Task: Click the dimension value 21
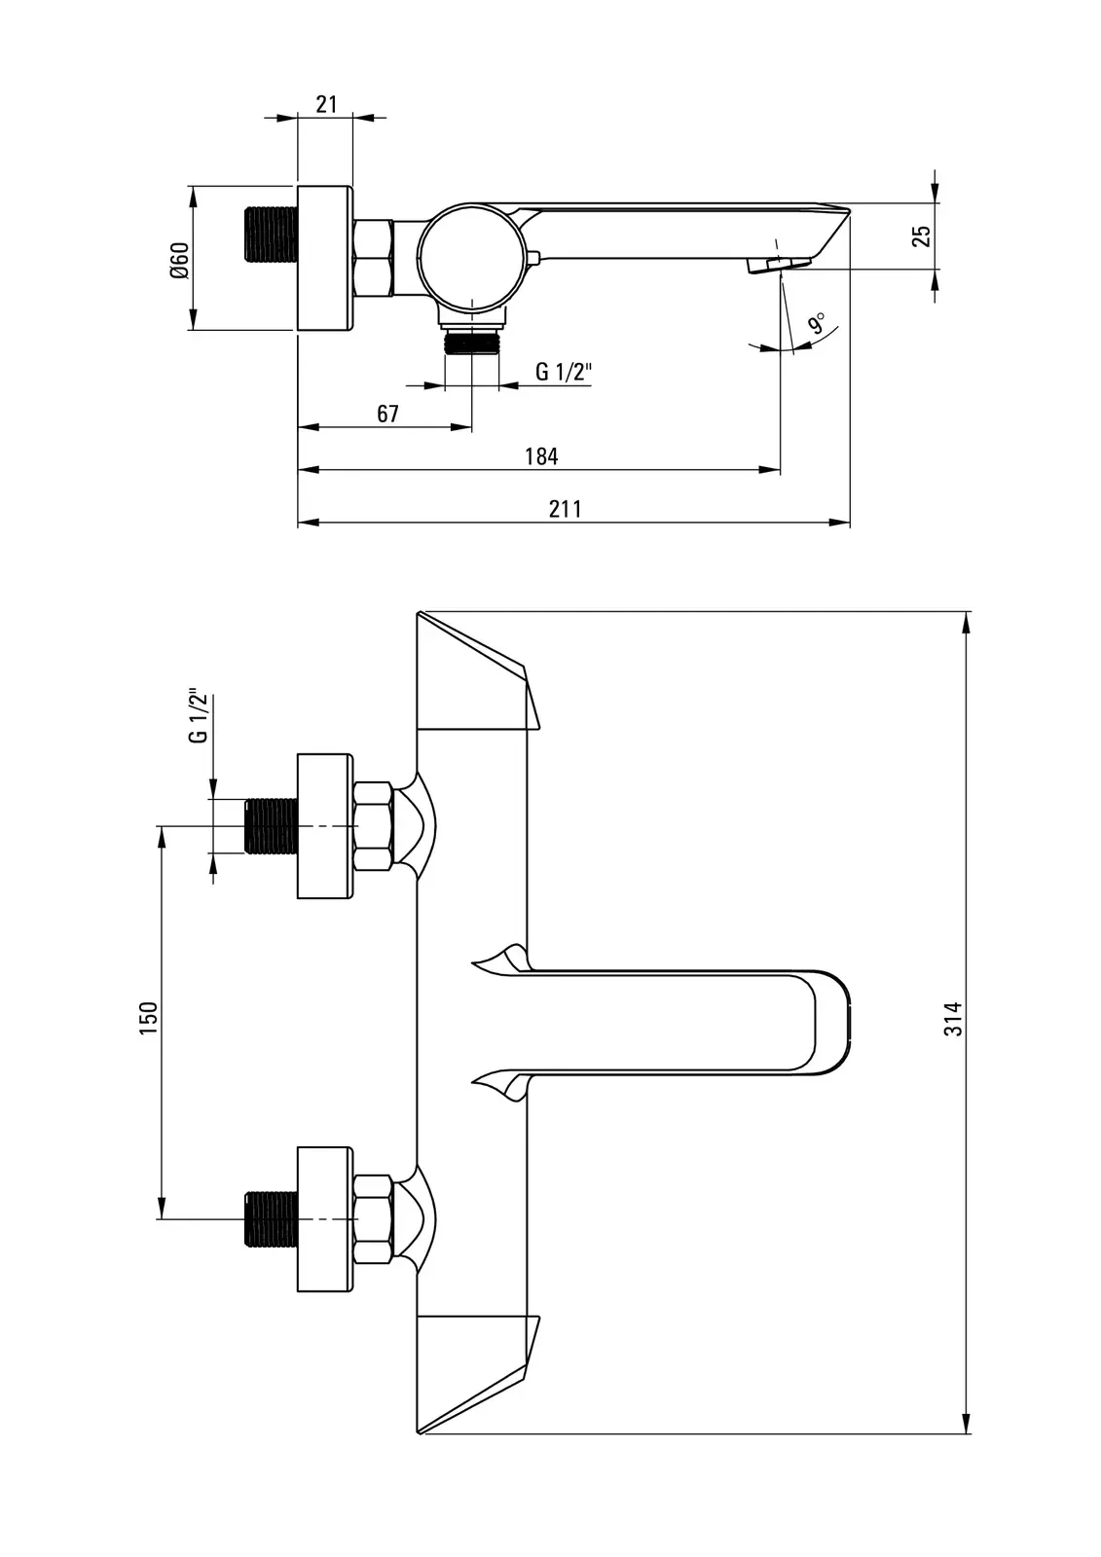point(326,103)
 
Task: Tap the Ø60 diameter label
point(178,260)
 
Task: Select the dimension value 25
point(921,235)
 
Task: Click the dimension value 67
point(387,414)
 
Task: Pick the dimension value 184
point(541,456)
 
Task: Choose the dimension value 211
point(565,509)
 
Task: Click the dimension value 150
point(148,1018)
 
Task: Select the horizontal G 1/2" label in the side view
point(564,372)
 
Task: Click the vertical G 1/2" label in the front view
point(199,716)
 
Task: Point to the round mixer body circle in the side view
point(472,253)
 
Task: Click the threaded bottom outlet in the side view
point(472,342)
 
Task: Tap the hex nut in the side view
point(373,258)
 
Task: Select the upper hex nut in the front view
point(374,826)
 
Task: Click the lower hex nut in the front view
point(374,1219)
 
